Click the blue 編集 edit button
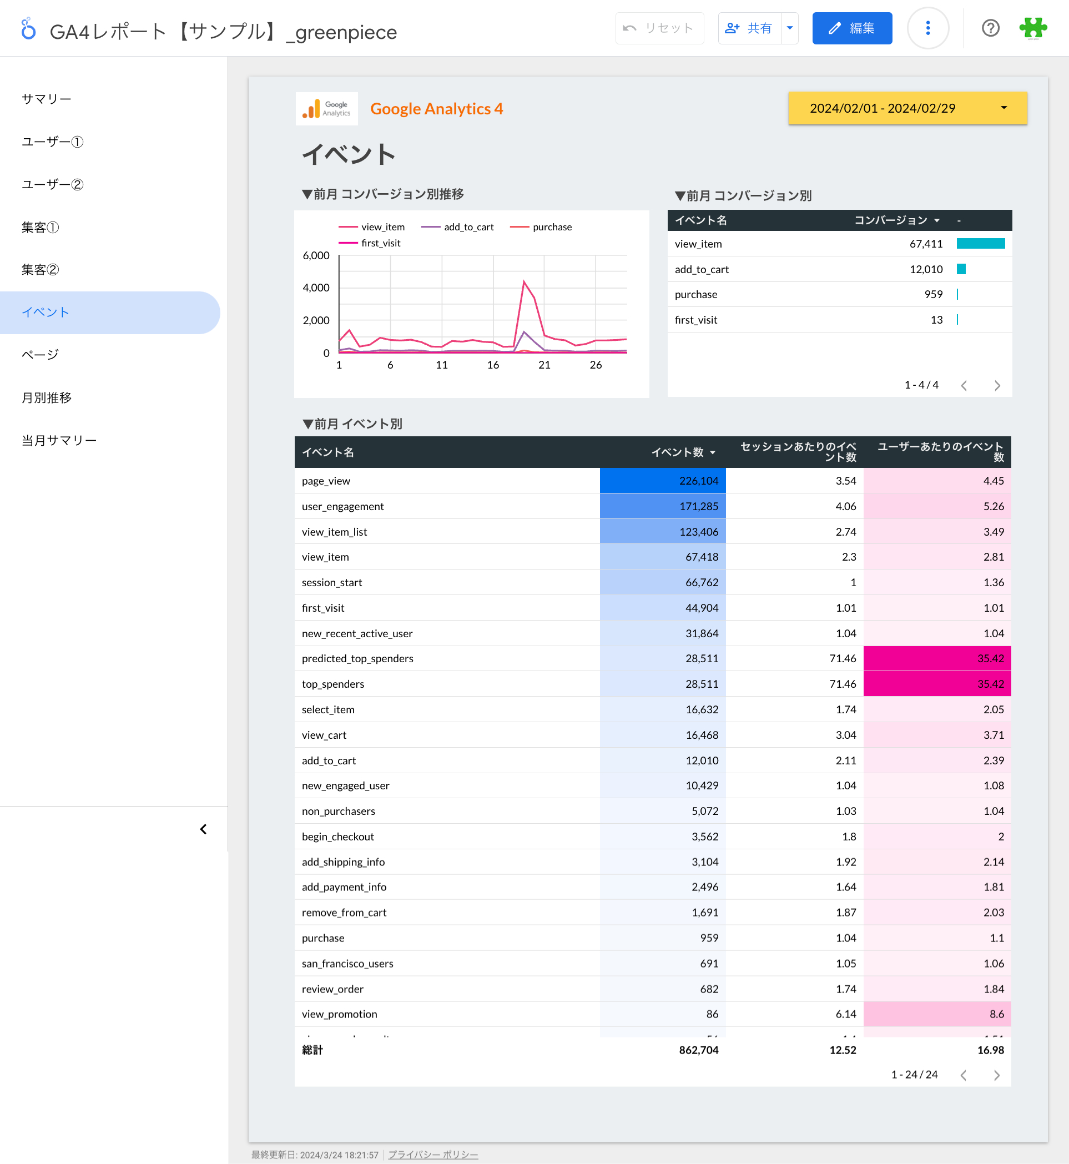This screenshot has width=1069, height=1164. pos(851,28)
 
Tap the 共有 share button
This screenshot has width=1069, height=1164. pos(749,28)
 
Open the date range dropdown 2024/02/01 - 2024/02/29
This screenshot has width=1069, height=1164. pos(907,108)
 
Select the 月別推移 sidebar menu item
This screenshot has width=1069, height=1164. pos(47,397)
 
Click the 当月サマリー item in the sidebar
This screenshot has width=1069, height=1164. pos(59,440)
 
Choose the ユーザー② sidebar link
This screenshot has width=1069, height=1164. pos(53,184)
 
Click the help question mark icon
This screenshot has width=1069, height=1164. pos(990,28)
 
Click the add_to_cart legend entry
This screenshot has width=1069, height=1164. pos(457,227)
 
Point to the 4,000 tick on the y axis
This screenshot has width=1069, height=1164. pos(316,288)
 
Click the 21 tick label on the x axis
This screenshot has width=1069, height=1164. pos(544,365)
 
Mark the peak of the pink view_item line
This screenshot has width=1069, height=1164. pos(524,281)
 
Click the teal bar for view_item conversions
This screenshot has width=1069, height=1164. pos(981,244)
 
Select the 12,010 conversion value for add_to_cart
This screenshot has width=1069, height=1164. pos(926,269)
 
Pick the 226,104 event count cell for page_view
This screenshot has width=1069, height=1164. pos(662,481)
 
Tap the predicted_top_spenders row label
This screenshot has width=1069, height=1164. pos(357,658)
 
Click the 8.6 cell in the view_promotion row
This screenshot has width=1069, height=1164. pos(937,1014)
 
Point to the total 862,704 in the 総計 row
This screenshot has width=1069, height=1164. pos(698,1050)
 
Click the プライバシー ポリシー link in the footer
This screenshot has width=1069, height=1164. pos(433,1155)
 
